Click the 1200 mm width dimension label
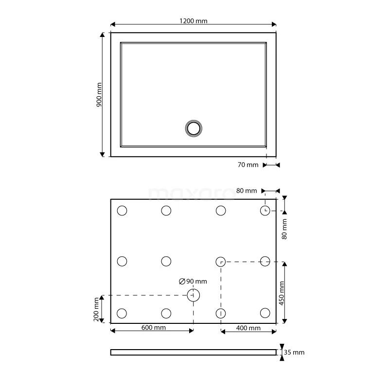coord(194,21)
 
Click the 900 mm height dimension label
coord(99,94)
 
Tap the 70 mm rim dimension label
coord(248,165)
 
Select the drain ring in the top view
coord(194,128)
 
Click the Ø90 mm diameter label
coord(193,281)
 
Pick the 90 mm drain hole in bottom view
coord(194,295)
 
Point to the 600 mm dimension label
coord(154,328)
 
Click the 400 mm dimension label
coord(248,328)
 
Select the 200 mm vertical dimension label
coord(96,309)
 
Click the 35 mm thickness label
coord(295,352)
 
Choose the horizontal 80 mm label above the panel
coord(247,191)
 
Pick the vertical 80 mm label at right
coord(285,229)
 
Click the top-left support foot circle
coord(122,211)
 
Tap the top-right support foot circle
coord(265,211)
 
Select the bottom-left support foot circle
coord(122,313)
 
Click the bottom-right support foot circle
coord(265,313)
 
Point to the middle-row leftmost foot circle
coord(122,261)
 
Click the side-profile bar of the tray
coord(194,352)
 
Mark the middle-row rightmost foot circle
coord(265,261)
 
